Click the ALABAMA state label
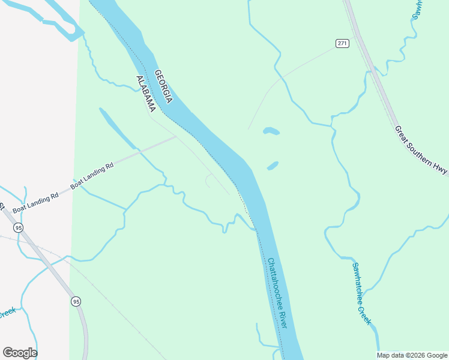pos(146,94)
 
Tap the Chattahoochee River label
pos(277,293)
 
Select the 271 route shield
pos(342,43)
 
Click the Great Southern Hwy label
pos(421,150)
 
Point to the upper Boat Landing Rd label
pos(92,177)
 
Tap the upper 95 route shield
pos(19,227)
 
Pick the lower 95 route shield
pos(75,301)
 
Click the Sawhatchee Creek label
pos(361,294)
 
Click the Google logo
pos(20,353)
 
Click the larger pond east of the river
pos(271,131)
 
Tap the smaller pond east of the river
pos(273,165)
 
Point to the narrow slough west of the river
pos(117,128)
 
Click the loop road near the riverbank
pos(208,179)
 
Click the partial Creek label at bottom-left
pos(7,313)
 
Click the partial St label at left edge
pos(2,206)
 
